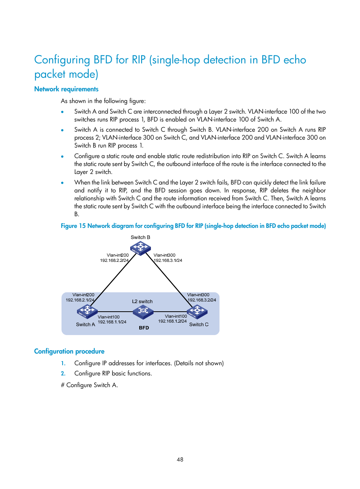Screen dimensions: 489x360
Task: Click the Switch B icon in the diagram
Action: tap(140, 248)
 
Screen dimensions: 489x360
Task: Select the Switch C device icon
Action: tap(197, 312)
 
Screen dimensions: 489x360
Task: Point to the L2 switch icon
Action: tap(143, 311)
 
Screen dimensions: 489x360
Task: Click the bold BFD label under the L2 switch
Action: tap(144, 328)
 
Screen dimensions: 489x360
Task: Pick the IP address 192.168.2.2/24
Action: tap(114, 260)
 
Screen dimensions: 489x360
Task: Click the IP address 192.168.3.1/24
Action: tap(168, 260)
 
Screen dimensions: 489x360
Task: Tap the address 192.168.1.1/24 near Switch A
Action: tap(112, 322)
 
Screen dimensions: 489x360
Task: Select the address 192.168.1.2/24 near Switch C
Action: tap(172, 321)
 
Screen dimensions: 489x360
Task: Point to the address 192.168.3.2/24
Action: tap(202, 300)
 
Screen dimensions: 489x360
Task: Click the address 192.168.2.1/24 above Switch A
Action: tap(80, 300)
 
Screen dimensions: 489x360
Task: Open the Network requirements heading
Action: tap(66, 89)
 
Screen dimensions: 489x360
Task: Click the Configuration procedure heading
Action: tap(69, 351)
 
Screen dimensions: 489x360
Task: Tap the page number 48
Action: tap(180, 460)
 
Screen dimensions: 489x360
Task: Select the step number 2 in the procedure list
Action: tap(63, 374)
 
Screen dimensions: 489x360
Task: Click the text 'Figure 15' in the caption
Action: tap(73, 226)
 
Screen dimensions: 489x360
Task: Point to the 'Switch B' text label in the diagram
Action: tap(140, 237)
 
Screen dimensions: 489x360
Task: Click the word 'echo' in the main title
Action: tap(295, 60)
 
